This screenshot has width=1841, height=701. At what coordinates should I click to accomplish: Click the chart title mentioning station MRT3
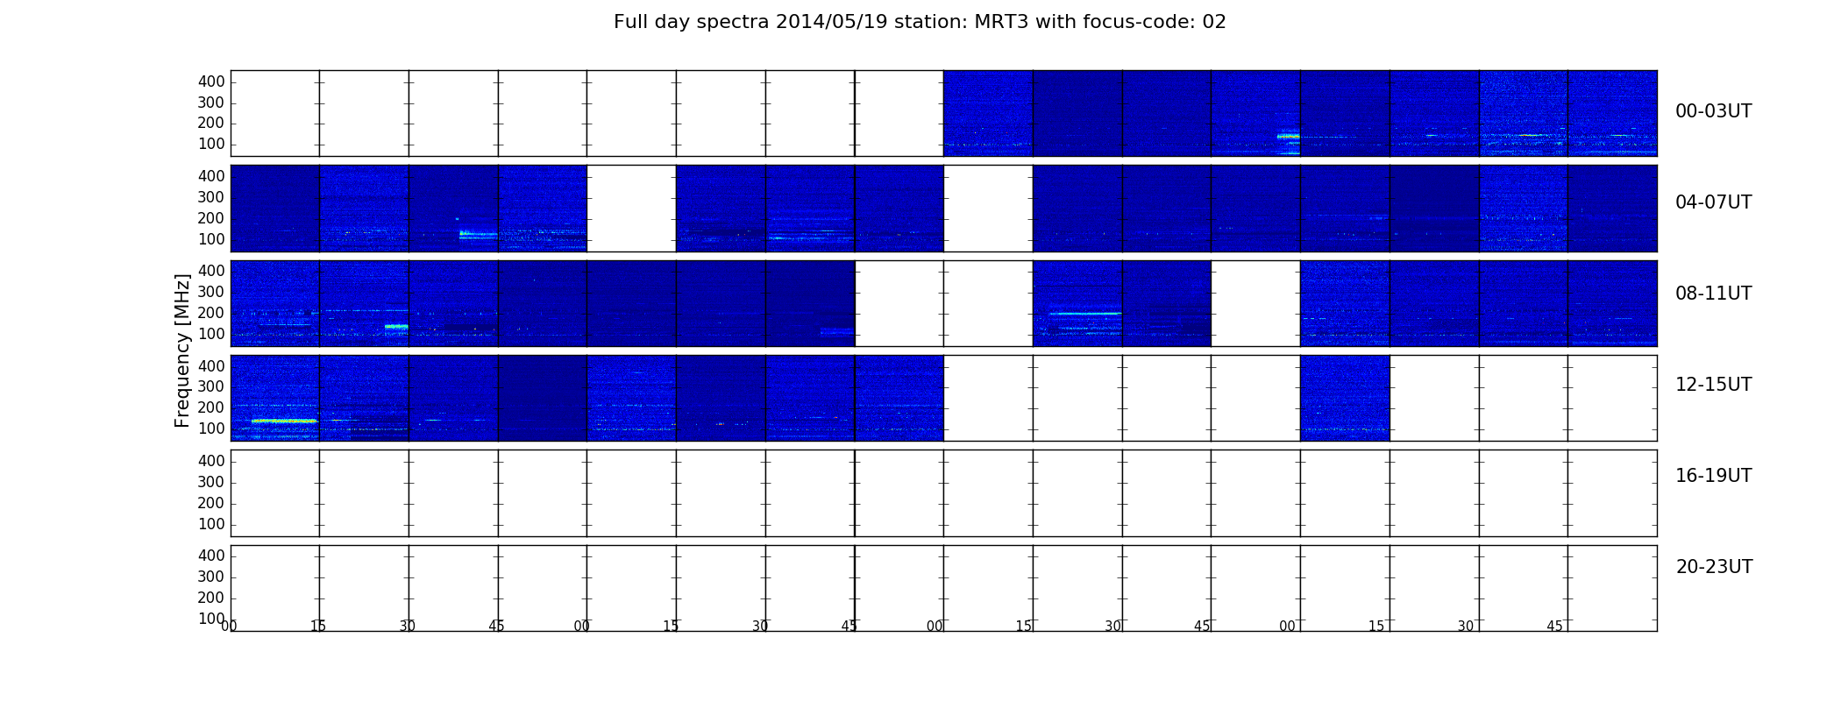click(x=920, y=22)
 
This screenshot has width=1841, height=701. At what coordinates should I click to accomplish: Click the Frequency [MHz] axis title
click(x=182, y=350)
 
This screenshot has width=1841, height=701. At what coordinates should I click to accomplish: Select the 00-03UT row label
click(x=1714, y=111)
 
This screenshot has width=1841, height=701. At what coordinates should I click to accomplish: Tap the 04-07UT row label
click(x=1714, y=202)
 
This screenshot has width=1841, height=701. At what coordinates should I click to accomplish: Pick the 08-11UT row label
click(x=1714, y=294)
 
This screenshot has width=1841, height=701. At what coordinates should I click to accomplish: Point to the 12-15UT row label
click(x=1714, y=385)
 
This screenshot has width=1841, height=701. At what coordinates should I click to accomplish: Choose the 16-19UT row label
click(x=1714, y=476)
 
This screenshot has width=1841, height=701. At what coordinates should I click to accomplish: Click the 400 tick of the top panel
click(x=211, y=81)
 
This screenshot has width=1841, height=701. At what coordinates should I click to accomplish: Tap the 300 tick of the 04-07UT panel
click(x=211, y=197)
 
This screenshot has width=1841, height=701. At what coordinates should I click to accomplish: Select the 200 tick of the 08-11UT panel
click(x=211, y=313)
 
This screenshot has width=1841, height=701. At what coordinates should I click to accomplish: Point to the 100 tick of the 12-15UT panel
click(x=211, y=428)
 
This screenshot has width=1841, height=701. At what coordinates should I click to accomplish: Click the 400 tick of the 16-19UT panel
click(x=211, y=461)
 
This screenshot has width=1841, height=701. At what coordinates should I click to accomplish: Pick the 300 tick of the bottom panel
click(x=211, y=577)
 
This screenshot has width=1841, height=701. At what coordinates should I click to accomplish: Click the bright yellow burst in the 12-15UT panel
click(x=284, y=421)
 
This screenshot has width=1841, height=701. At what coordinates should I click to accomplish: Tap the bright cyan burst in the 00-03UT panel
click(x=1288, y=136)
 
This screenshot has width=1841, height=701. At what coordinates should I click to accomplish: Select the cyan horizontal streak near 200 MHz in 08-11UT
click(x=1085, y=313)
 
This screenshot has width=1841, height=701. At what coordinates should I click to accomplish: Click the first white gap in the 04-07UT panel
click(x=631, y=209)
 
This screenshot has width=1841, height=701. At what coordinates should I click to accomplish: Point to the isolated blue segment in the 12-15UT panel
click(x=1345, y=398)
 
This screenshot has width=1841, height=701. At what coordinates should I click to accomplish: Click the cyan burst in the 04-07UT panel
click(x=478, y=234)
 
